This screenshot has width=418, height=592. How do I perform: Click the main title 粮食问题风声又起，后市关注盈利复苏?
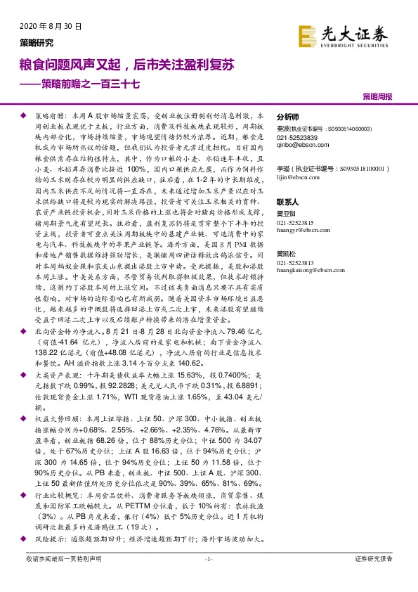tap(126, 64)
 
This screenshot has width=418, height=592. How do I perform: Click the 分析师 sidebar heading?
tap(288, 117)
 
